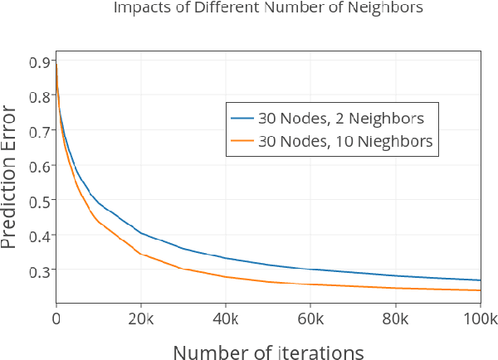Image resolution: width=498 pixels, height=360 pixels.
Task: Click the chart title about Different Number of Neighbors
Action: click(268, 9)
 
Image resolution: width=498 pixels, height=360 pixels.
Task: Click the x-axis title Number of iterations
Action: click(268, 352)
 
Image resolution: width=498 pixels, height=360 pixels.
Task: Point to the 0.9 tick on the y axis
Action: click(39, 61)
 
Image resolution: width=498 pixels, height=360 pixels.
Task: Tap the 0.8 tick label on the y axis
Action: click(39, 96)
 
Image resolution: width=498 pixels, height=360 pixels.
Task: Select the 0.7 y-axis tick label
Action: click(39, 131)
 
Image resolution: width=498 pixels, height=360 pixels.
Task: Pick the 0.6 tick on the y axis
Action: click(39, 166)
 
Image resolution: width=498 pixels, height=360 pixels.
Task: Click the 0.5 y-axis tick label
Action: click(39, 201)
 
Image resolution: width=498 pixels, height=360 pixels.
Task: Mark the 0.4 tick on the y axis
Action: click(39, 236)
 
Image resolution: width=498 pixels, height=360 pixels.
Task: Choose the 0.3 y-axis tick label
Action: click(39, 270)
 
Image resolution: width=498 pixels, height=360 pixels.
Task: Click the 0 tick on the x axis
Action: click(56, 318)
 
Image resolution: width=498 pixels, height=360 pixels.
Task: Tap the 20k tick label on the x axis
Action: click(141, 318)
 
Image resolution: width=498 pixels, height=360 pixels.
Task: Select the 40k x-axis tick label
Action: click(226, 318)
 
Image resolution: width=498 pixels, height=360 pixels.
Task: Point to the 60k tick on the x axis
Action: click(311, 318)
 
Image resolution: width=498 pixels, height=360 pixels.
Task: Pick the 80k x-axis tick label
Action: click(396, 318)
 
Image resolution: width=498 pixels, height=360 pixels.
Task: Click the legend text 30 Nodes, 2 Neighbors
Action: click(340, 117)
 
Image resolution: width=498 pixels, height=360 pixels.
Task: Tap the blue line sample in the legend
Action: click(242, 117)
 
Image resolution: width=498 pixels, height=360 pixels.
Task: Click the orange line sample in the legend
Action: click(242, 141)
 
